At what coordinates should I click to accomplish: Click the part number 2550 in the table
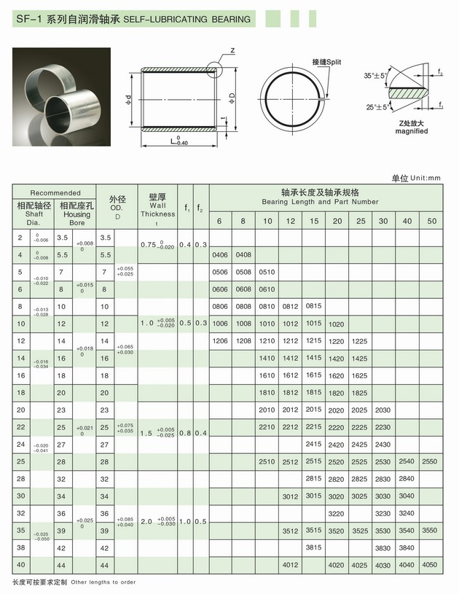[430, 461]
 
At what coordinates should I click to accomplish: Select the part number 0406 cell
[220, 254]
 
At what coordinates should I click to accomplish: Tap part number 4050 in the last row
[430, 564]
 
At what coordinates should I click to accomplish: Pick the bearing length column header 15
[313, 221]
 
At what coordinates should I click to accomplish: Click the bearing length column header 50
[431, 221]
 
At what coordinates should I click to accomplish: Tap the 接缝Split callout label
[326, 62]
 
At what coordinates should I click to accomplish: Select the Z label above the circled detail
[232, 50]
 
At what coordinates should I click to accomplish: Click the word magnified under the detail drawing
[412, 131]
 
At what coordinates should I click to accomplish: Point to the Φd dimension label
[128, 99]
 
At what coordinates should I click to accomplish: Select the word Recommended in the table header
[55, 193]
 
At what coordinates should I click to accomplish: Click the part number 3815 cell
[313, 547]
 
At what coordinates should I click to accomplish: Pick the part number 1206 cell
[220, 341]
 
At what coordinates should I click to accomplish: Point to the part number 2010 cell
[267, 410]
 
